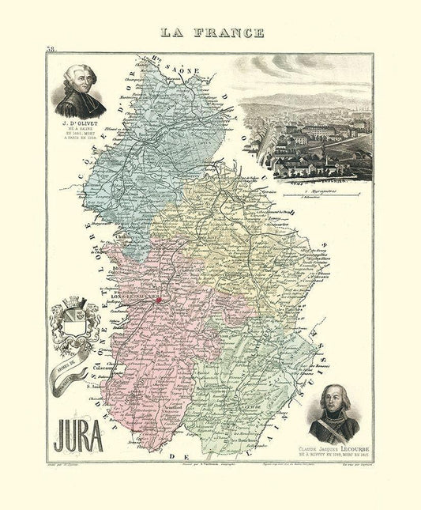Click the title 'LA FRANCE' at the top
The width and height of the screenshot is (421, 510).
click(210, 32)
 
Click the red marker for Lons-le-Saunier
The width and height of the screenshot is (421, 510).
click(159, 300)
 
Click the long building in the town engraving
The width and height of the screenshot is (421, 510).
click(300, 128)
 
